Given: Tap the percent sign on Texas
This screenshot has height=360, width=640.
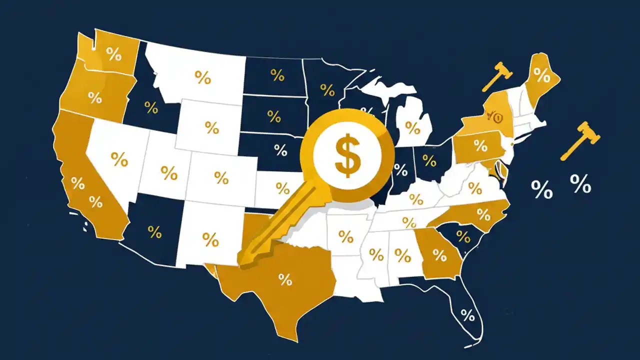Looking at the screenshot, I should tap(285, 279).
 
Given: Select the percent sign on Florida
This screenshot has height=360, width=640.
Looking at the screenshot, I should tap(467, 315).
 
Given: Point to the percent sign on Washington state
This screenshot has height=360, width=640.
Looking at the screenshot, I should tap(114, 54).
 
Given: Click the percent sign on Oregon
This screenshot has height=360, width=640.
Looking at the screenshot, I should tap(95, 97).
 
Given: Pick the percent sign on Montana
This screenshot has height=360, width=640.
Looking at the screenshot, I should tap(202, 77).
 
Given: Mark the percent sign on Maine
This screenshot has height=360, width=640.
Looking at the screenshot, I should tap(541, 75).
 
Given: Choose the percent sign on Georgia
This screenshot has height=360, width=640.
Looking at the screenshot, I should tap(439, 255).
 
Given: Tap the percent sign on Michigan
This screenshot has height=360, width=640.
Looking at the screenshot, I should tap(412, 127).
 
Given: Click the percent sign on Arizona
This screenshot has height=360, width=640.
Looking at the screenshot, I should tap(154, 232).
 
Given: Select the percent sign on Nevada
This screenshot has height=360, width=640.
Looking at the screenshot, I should tap(119, 159).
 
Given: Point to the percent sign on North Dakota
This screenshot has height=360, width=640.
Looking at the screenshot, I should tap(277, 75).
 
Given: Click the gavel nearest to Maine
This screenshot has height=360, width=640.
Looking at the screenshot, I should tap(496, 76).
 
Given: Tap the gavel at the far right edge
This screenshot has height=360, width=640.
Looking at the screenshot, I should tap(580, 141).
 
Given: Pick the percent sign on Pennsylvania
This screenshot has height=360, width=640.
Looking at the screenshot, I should tap(480, 146).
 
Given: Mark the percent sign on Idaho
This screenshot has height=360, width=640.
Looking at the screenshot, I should tap(150, 107).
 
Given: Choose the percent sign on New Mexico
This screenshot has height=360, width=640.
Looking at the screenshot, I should tap(210, 239).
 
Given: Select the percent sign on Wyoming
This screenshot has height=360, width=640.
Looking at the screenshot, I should tap(212, 127).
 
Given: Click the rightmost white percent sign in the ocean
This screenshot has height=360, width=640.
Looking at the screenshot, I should tap(580, 185).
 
